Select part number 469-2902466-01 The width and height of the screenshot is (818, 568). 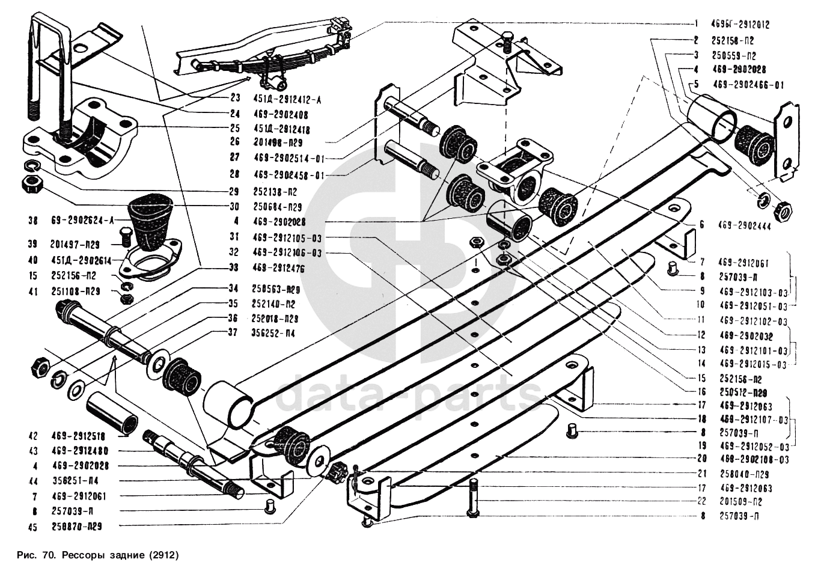(748, 85)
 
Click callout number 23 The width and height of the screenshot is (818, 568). (234, 99)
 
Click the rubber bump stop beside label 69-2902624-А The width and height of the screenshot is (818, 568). (149, 219)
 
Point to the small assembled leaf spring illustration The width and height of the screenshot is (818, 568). (264, 54)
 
